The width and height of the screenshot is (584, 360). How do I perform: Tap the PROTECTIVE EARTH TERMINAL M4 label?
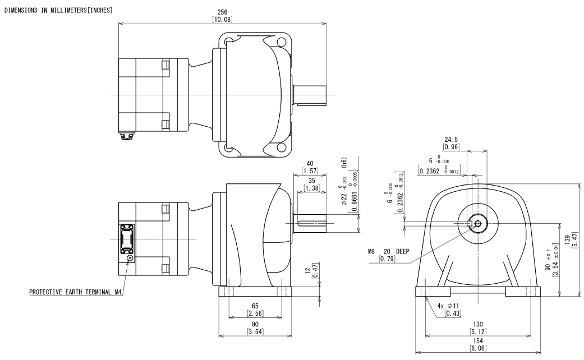[76, 292]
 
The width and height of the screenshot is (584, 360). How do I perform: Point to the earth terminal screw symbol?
[131, 259]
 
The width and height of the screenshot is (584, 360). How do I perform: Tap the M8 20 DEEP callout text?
[387, 252]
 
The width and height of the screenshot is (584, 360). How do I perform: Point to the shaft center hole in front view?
[477, 224]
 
